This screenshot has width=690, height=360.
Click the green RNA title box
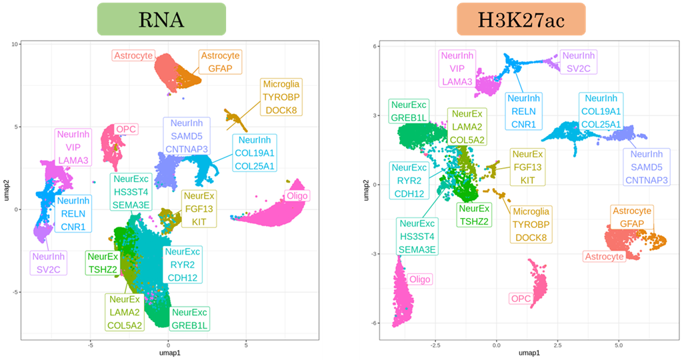pos(162,19)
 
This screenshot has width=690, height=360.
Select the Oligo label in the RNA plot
pos(295,195)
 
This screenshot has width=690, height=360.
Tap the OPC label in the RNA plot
pos(125,129)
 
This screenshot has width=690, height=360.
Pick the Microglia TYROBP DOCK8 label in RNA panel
pos(281,95)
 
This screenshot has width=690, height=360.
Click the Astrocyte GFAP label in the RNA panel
pos(220,61)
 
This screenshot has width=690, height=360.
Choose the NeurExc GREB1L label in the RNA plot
pos(190,319)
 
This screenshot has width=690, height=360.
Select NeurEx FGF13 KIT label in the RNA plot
pos(199,208)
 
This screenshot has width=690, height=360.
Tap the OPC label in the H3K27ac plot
pos(520,299)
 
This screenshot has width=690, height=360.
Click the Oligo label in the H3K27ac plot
pos(420,279)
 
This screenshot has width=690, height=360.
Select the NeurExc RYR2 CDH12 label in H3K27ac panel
pos(408,180)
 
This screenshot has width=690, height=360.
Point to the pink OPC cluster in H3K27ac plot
pos(537,280)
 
